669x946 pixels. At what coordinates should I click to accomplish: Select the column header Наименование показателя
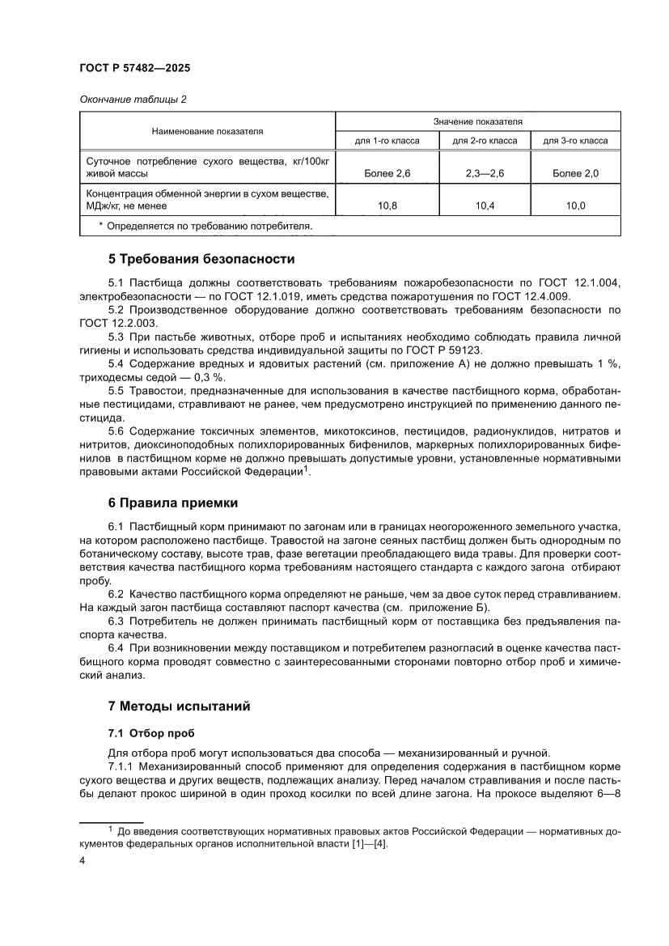click(207, 130)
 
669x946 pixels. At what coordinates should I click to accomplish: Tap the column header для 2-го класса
click(485, 140)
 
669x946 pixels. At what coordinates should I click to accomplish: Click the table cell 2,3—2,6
click(485, 173)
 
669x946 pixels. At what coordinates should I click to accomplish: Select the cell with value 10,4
click(485, 206)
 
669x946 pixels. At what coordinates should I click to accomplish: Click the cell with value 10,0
click(575, 206)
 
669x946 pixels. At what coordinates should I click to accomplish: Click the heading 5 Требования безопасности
click(201, 260)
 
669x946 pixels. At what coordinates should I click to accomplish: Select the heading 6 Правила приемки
click(173, 503)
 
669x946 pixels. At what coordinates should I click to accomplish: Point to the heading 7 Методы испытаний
click(179, 706)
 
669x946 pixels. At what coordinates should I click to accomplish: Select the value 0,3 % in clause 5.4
click(209, 377)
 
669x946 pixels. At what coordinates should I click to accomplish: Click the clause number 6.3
click(118, 622)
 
